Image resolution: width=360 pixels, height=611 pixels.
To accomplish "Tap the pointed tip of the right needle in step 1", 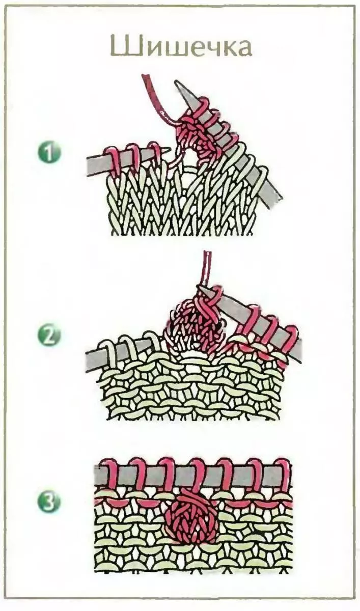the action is coord(176,82).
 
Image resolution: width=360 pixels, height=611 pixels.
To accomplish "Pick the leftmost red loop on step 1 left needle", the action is coord(112,161).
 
